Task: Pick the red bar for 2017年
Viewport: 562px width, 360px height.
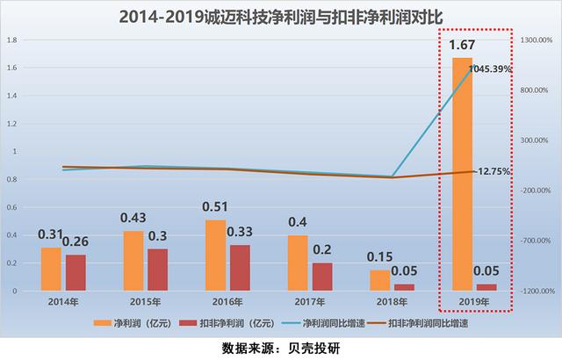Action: [x=322, y=276]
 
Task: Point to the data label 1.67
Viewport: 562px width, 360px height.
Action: [x=464, y=45]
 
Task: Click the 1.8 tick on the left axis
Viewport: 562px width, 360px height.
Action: [x=12, y=40]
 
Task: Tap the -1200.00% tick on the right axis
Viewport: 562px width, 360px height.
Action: [x=535, y=291]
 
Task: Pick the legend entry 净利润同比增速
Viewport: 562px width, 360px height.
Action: [x=333, y=323]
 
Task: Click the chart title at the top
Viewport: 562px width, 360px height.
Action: [x=280, y=16]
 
